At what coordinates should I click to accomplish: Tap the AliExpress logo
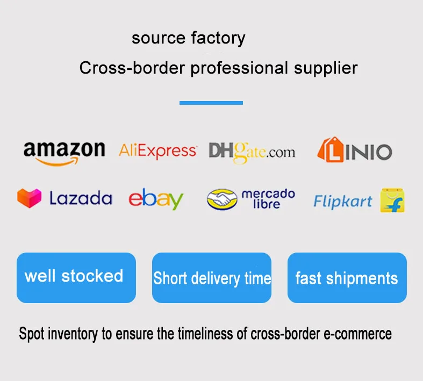157,151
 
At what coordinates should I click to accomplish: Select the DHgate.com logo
252,151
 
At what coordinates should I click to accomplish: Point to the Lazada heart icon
29,198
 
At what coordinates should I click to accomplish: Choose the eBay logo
156,199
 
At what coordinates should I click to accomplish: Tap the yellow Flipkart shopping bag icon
392,200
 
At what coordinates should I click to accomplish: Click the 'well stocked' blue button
76,277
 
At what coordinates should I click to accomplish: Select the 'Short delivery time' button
212,277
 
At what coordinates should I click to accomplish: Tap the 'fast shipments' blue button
347,277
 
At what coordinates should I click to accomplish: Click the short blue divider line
211,103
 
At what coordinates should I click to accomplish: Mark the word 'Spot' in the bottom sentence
31,334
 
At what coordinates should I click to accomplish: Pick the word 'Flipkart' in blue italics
342,202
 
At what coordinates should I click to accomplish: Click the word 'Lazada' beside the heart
81,198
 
